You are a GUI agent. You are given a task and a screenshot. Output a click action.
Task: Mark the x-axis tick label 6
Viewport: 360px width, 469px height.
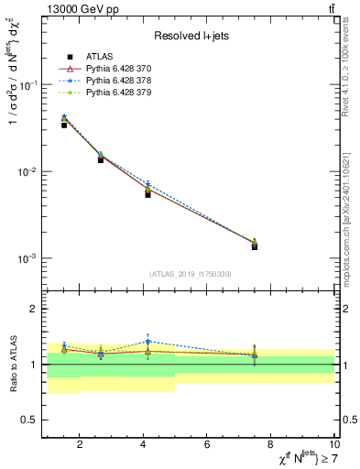coord(207,445)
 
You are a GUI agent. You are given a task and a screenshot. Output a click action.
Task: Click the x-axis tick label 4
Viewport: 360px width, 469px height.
coord(144,445)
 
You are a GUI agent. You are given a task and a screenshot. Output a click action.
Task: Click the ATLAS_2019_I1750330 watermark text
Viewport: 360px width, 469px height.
coord(191,274)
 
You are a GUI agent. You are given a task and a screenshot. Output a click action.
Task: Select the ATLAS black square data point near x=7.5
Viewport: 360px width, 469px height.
coord(255,246)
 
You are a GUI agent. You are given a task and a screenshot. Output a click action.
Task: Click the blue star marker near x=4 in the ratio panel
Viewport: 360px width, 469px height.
coord(147,342)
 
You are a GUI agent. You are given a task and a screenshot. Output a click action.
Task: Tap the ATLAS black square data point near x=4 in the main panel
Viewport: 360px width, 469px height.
coord(147,194)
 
